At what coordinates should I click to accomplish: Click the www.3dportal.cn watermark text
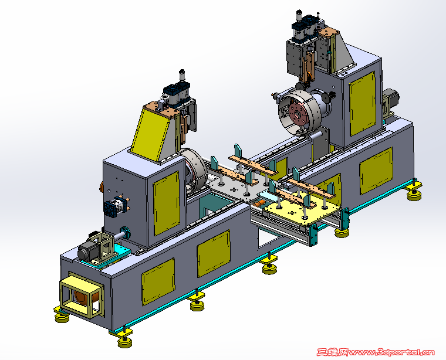[x=391, y=352]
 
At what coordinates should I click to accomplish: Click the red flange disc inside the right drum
[x=298, y=114]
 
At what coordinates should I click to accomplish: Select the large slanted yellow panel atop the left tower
[x=148, y=135]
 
